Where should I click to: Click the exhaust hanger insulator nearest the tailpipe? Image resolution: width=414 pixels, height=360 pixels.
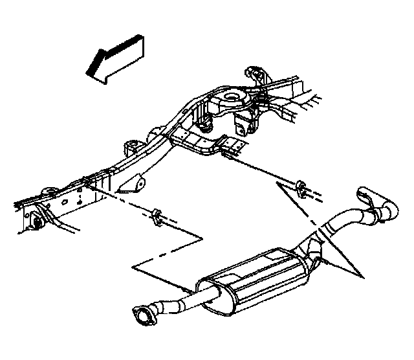coord(300,188)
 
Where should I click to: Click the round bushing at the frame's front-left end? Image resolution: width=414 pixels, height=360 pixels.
coord(37,221)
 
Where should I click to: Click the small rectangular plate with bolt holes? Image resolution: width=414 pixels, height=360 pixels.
coord(229,146)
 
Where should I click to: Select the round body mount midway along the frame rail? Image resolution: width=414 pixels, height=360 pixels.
coord(131,146)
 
